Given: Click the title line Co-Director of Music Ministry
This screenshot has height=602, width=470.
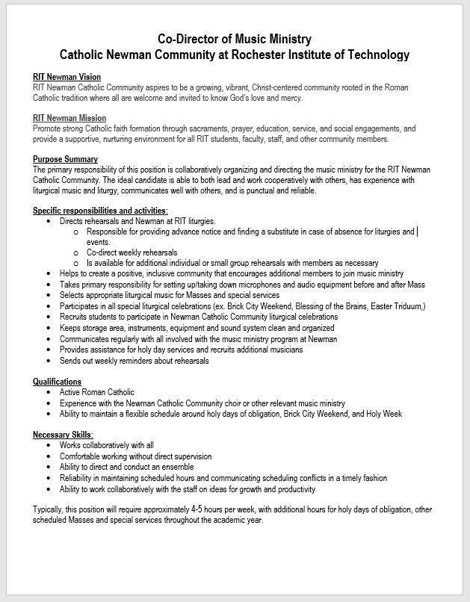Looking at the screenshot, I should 235,39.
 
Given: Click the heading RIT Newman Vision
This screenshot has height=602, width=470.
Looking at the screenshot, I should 67,77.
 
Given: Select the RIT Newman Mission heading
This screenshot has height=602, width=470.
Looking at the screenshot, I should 69,118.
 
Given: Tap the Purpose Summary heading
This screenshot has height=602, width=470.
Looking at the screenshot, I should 65,159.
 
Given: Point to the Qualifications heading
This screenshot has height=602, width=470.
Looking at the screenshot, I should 57,382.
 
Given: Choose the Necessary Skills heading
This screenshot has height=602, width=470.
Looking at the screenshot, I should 63,435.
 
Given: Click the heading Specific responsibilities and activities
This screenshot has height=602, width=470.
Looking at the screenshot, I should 100,211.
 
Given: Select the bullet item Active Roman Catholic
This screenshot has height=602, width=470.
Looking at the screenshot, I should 97,392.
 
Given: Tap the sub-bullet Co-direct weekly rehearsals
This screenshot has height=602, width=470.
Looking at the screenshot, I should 132,252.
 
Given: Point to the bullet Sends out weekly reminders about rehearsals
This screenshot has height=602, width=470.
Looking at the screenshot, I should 134,361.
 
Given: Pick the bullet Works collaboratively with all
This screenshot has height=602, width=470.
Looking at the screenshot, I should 107,445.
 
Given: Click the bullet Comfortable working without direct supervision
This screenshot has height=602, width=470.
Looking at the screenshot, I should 135,456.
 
